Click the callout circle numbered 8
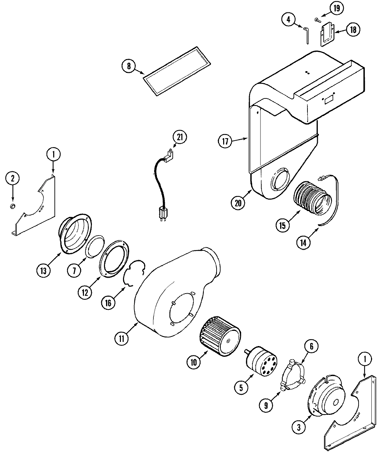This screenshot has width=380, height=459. click(x=129, y=66)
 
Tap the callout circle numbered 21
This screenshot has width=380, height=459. click(x=180, y=137)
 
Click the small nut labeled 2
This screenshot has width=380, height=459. click(x=13, y=206)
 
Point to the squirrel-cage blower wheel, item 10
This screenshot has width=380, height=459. click(x=219, y=340)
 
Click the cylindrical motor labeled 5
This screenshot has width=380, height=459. click(x=260, y=365)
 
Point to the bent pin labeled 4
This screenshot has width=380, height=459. click(x=306, y=35)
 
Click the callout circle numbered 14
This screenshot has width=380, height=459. click(x=303, y=242)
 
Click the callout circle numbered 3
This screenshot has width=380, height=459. click(x=298, y=427)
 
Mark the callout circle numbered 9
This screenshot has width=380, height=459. click(x=266, y=406)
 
